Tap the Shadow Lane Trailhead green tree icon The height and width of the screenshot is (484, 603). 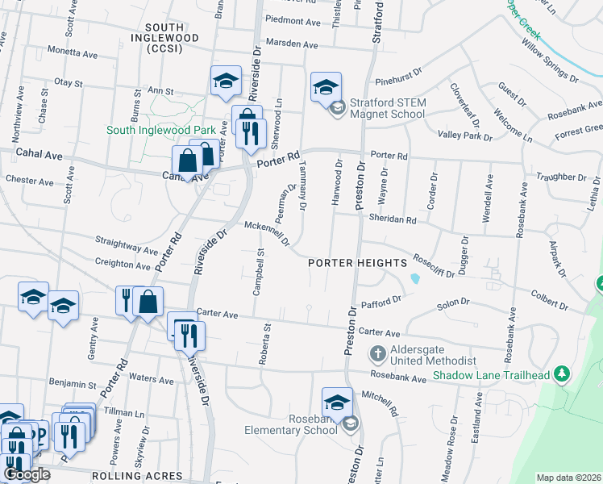point(563,374)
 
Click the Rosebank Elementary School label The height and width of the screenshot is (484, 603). point(290,424)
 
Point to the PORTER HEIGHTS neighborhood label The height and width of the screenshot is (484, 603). point(356,264)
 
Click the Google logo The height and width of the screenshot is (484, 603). point(27,474)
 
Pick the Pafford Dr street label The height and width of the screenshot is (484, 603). point(381,301)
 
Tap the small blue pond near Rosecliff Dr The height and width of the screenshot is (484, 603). point(414,279)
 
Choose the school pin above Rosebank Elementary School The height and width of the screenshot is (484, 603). point(337,402)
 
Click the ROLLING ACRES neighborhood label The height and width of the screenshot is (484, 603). point(148,476)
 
